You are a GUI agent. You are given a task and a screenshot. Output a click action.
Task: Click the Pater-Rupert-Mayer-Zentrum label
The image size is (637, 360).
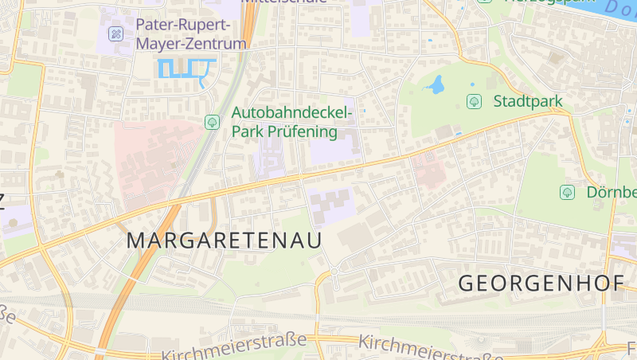click(191, 34)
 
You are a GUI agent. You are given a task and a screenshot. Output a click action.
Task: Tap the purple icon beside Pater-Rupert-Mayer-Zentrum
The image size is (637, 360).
click(116, 34)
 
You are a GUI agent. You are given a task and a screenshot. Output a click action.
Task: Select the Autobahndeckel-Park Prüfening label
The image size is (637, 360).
click(291, 123)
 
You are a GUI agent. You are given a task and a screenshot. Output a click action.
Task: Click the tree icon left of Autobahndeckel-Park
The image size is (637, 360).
click(212, 122)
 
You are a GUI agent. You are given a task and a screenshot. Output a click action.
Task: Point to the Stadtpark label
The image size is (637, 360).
click(527, 101)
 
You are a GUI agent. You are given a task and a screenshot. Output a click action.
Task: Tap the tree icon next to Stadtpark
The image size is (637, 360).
click(475, 101)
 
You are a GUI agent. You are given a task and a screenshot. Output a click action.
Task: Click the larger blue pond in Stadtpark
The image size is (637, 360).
click(435, 84)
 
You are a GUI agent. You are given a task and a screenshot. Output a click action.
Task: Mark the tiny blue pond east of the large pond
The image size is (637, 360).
click(472, 84)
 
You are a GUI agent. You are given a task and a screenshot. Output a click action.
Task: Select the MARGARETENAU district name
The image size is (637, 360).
click(225, 240)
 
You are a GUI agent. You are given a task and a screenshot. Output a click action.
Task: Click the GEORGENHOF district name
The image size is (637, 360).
click(541, 283)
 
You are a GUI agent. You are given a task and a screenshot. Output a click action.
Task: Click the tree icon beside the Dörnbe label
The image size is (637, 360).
click(567, 192)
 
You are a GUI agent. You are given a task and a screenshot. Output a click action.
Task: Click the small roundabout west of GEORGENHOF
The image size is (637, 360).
click(334, 272)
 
